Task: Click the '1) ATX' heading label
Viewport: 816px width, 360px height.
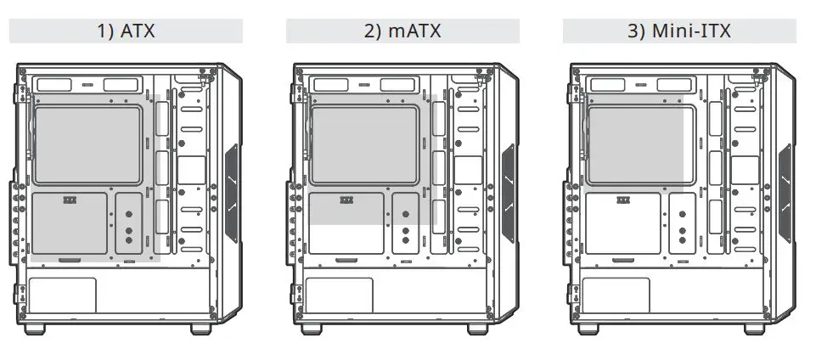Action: (x=126, y=31)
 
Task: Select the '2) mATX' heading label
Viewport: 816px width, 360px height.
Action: (x=402, y=31)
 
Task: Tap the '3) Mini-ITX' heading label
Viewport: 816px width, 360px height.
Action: (x=679, y=31)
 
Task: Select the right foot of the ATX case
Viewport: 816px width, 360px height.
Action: (x=201, y=328)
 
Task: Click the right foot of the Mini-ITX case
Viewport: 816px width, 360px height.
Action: (x=755, y=328)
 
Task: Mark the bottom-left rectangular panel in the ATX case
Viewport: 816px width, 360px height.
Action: (x=63, y=295)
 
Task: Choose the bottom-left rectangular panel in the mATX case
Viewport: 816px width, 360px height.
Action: (x=340, y=295)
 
